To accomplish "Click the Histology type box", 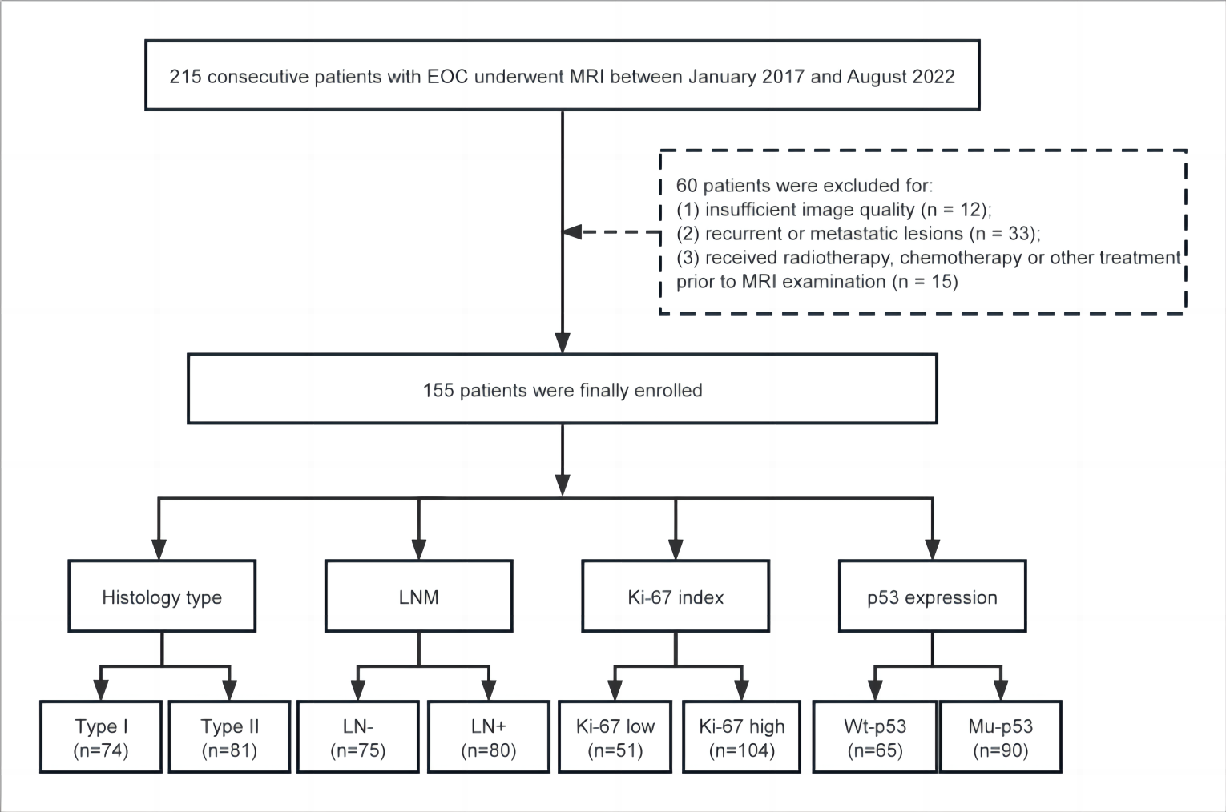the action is [162, 596].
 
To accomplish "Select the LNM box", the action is [419, 596].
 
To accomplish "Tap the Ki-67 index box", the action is [676, 596].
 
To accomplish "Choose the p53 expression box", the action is [932, 596].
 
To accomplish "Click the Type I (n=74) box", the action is [101, 737].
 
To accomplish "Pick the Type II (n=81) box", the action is [229, 737].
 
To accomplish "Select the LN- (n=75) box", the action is [358, 737].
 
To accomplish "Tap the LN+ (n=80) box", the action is [488, 737].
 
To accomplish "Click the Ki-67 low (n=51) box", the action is [615, 737].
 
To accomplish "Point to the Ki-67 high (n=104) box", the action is [742, 737].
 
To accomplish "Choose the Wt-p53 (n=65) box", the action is [874, 737].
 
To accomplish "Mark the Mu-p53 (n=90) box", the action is [1001, 737].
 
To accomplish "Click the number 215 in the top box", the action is [186, 77].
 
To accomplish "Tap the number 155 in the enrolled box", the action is [438, 391].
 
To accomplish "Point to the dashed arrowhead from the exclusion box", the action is [572, 232].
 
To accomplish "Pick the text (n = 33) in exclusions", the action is [1004, 234].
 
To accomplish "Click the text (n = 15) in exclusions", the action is [925, 282].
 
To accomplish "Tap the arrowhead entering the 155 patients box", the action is [563, 344].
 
